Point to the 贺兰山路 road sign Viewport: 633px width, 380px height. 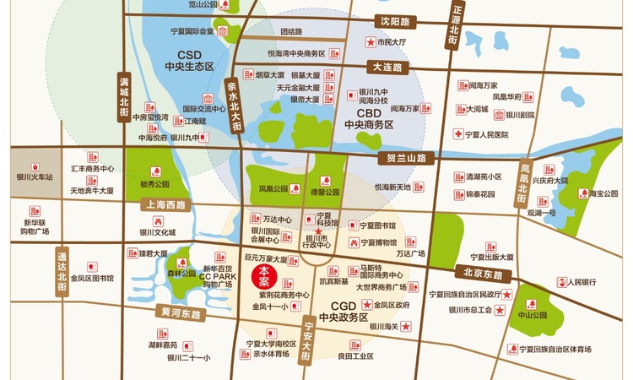408,158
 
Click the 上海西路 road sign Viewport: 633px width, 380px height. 165,205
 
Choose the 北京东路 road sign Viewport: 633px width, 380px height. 484,274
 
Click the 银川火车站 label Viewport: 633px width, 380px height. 35,177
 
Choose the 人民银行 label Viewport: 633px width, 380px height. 582,282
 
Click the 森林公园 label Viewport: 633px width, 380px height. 181,274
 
